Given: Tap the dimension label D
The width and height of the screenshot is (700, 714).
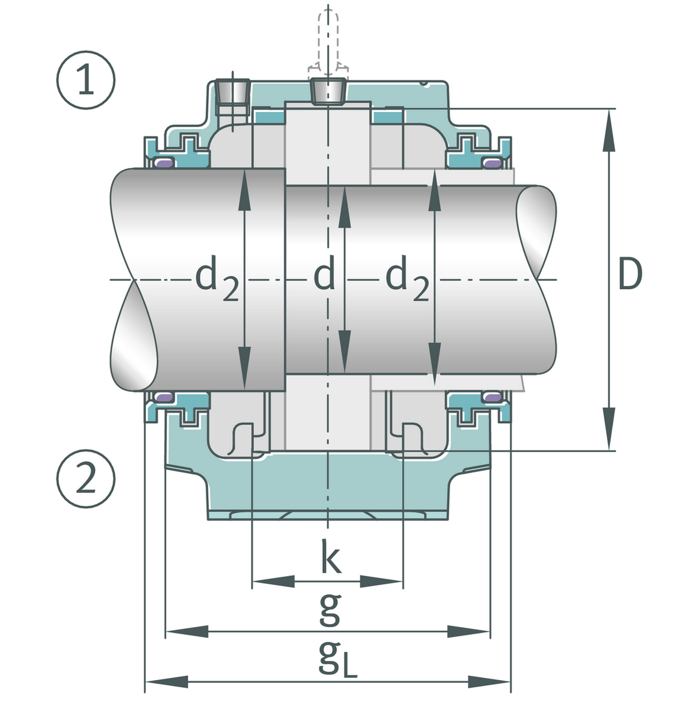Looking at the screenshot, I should pos(630,275).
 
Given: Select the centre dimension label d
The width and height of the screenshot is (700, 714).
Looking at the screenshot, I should pos(324,275).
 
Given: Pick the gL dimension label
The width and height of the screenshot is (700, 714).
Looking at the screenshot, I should pos(337,659).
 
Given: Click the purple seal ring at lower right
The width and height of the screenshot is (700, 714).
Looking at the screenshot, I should pos(493,396).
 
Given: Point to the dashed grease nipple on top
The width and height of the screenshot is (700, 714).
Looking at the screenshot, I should pos(328,42).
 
